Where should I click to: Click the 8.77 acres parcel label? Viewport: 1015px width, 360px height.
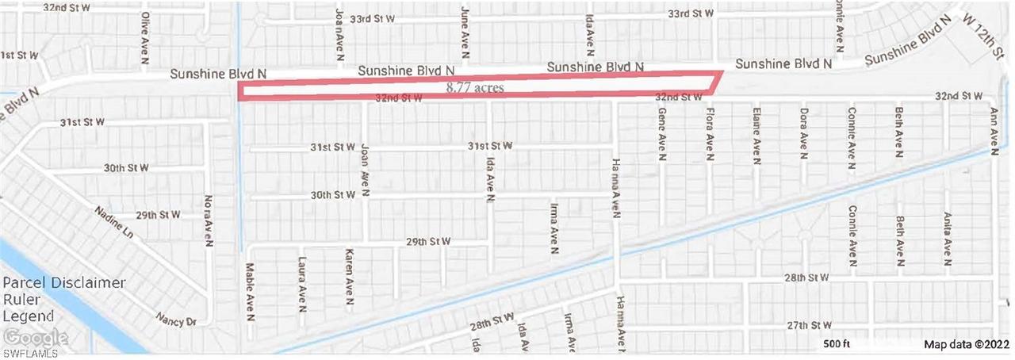(x=475, y=88)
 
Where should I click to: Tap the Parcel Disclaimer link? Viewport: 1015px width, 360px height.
(x=63, y=283)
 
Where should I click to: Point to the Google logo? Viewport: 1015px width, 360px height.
(x=34, y=338)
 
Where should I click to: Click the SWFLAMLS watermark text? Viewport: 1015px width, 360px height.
(x=35, y=351)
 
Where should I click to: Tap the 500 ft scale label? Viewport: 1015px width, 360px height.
(x=836, y=344)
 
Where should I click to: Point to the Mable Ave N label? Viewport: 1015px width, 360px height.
(x=250, y=291)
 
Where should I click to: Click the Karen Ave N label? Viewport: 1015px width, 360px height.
(x=349, y=277)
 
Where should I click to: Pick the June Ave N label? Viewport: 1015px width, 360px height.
(x=465, y=29)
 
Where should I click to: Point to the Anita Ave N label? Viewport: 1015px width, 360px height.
(x=947, y=237)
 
